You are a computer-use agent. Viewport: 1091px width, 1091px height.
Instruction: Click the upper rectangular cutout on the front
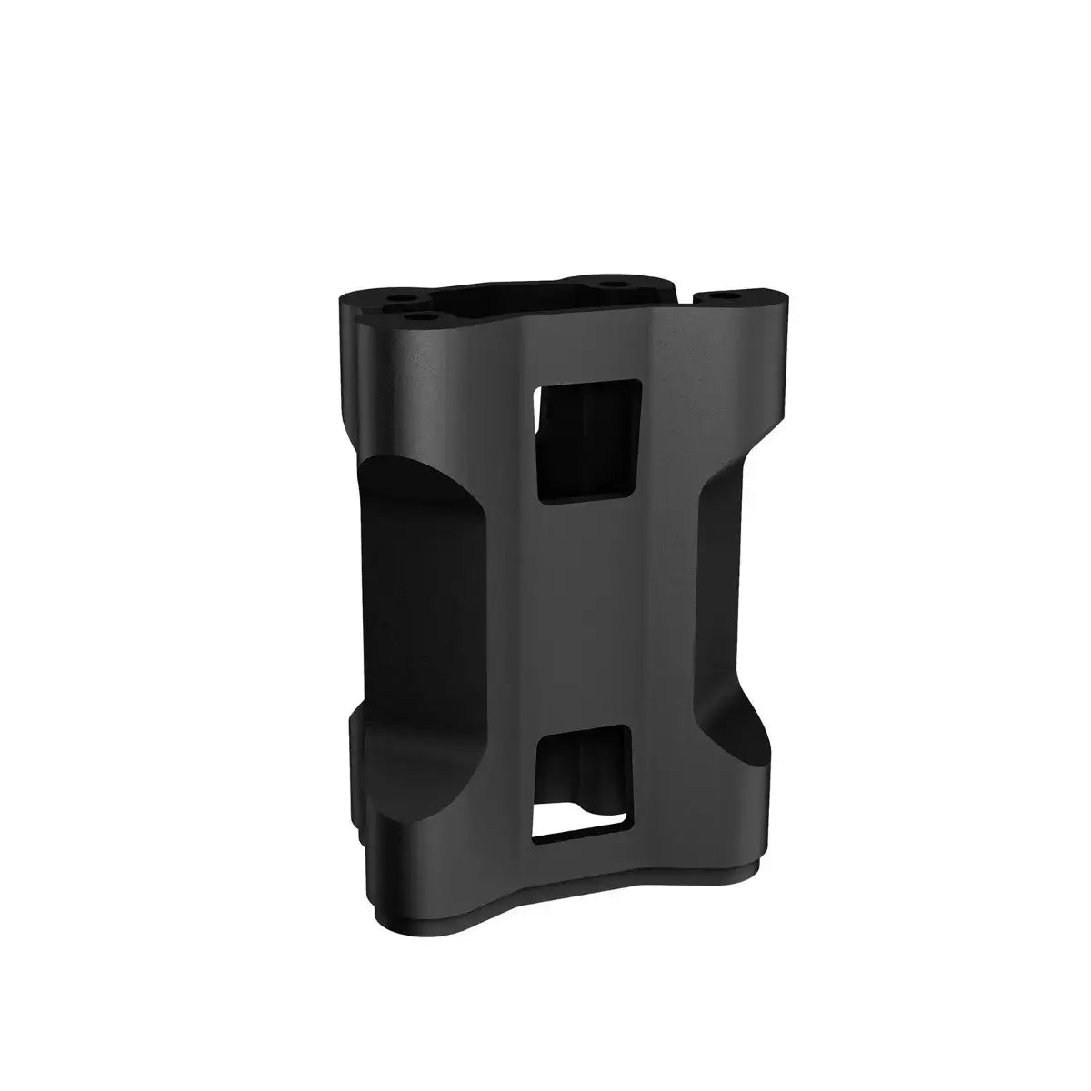[x=589, y=440]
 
